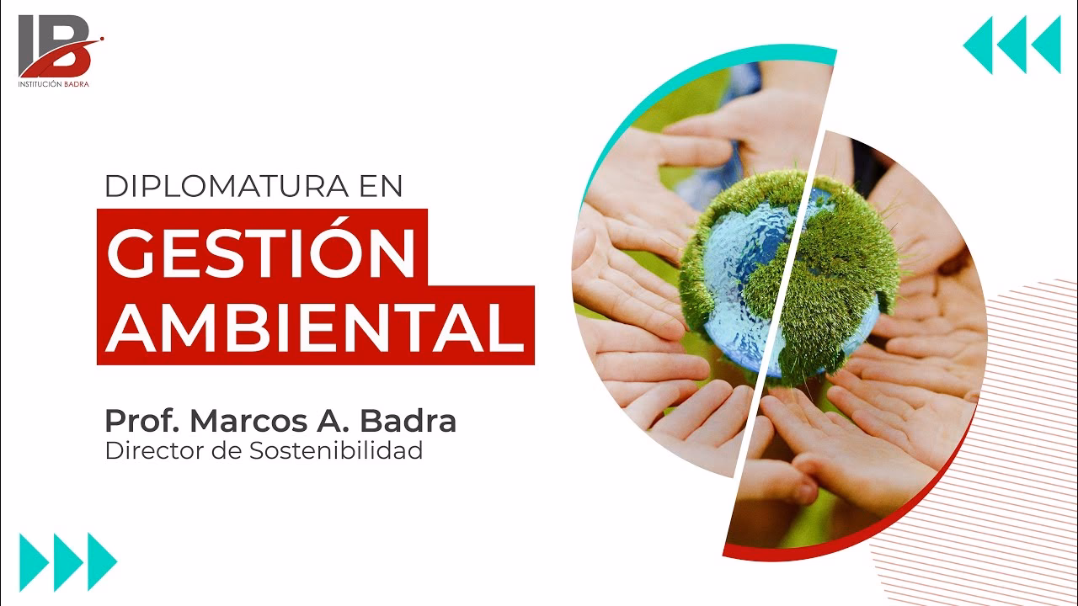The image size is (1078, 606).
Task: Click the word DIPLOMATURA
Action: pyautogui.click(x=221, y=186)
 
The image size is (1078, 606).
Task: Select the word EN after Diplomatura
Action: pyautogui.click(x=380, y=186)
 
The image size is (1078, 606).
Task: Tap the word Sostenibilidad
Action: pyautogui.click(x=336, y=450)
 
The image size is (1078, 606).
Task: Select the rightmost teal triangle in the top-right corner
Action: pyautogui.click(x=1045, y=45)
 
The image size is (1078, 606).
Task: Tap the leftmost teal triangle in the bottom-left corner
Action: pyautogui.click(x=35, y=561)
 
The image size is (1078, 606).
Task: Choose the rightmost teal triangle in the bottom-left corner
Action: pyautogui.click(x=102, y=561)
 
